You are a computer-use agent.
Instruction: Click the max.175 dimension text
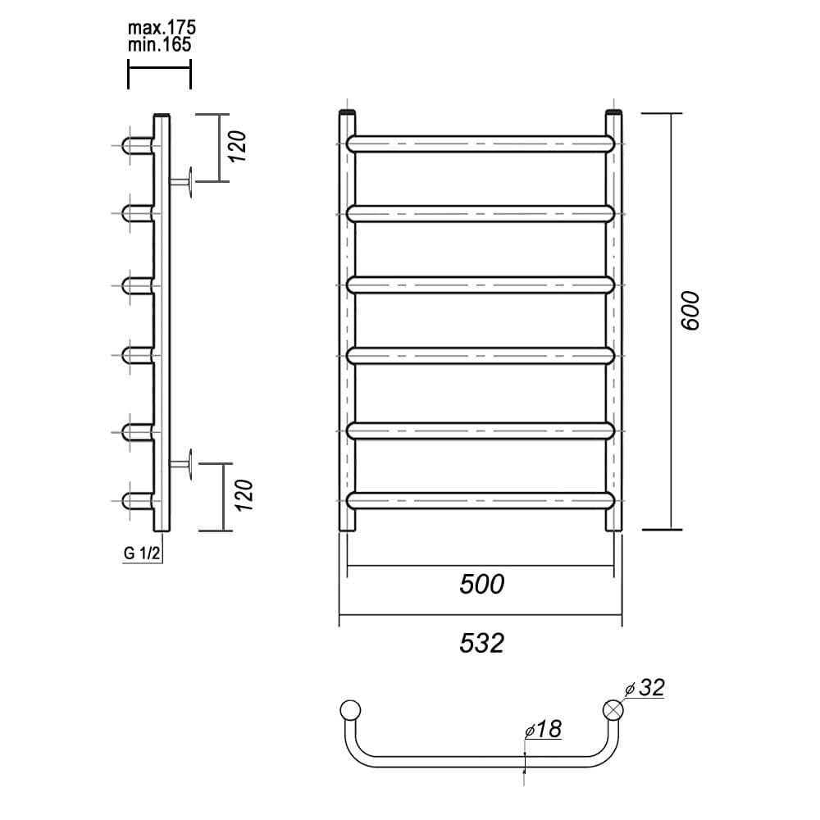pyautogui.click(x=162, y=27)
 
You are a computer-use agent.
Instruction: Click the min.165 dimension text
pyautogui.click(x=160, y=45)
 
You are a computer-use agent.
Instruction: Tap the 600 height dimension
pyautogui.click(x=690, y=311)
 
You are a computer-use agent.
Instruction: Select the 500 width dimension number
pyautogui.click(x=481, y=584)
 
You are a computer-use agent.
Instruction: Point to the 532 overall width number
pyautogui.click(x=481, y=643)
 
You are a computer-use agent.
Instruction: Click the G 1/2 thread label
pyautogui.click(x=142, y=553)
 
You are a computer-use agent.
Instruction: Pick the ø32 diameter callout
pyautogui.click(x=645, y=688)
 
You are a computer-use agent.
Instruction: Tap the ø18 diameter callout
pyautogui.click(x=544, y=729)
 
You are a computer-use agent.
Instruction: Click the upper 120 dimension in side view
pyautogui.click(x=238, y=147)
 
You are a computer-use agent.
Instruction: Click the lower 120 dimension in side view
pyautogui.click(x=244, y=495)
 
